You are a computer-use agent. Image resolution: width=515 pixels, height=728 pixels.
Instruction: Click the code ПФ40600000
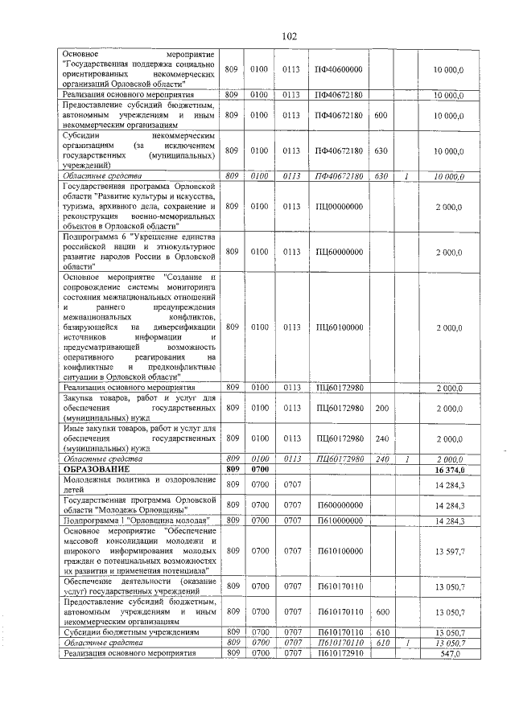pyautogui.click(x=339, y=70)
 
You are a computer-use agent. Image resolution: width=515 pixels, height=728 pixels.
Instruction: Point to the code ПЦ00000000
pyautogui.click(x=339, y=206)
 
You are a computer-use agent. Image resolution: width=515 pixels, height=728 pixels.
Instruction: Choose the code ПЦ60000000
pyautogui.click(x=339, y=252)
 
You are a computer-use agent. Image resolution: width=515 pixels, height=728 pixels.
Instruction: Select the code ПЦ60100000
pyautogui.click(x=339, y=327)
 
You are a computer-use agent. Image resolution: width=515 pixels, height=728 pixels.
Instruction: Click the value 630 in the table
pyautogui.click(x=381, y=150)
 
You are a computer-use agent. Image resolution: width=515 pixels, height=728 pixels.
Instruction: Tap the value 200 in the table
pyautogui.click(x=381, y=409)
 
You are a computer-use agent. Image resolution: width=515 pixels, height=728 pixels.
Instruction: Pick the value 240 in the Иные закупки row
pyautogui.click(x=381, y=438)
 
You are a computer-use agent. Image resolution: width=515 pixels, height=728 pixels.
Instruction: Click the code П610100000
pyautogui.click(x=339, y=551)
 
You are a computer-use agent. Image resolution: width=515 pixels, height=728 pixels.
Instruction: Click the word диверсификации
pyautogui.click(x=187, y=327)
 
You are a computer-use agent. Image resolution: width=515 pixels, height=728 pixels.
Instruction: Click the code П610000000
pyautogui.click(x=339, y=521)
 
